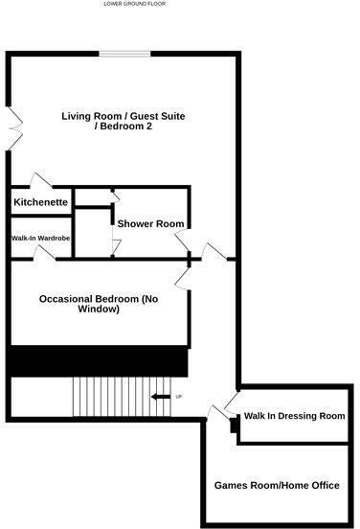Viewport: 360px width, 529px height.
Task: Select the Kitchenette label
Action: click(40, 203)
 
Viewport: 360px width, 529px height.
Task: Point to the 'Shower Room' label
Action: click(150, 223)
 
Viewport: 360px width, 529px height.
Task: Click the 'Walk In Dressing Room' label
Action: click(294, 416)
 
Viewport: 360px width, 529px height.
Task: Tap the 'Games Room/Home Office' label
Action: click(277, 486)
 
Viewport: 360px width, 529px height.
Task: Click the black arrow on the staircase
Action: click(160, 397)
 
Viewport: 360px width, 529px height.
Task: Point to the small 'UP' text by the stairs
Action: click(178, 397)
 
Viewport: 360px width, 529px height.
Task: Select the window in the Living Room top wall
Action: click(119, 54)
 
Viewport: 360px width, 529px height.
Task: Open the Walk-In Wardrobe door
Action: click(42, 252)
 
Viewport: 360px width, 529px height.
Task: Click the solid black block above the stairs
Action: click(98, 361)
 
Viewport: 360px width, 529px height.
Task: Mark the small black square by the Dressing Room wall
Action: click(234, 428)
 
